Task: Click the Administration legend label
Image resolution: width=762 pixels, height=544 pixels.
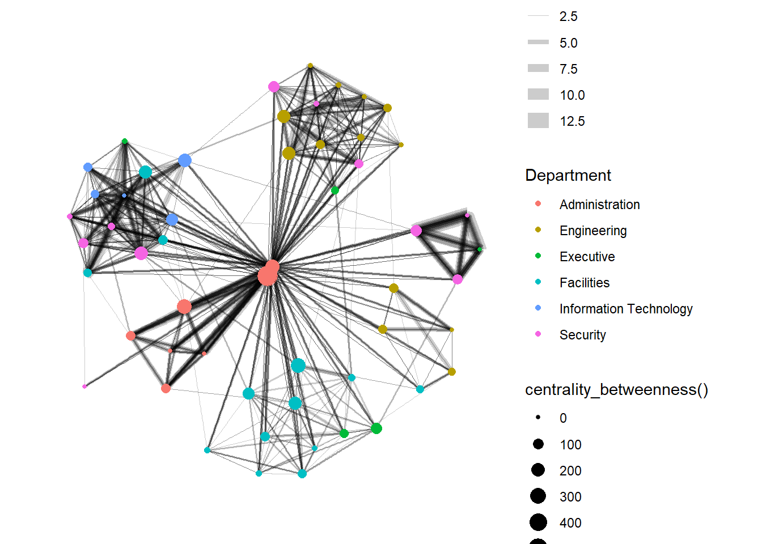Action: tap(599, 205)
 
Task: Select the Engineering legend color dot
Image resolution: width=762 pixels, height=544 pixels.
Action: tap(538, 229)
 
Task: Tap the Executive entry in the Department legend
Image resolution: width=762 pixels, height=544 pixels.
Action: tap(587, 257)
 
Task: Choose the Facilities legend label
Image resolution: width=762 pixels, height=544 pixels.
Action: tap(584, 283)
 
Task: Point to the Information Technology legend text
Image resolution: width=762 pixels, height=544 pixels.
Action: tap(625, 309)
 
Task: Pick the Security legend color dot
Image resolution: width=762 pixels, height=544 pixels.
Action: tap(538, 334)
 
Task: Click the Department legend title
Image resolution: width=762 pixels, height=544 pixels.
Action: tap(568, 175)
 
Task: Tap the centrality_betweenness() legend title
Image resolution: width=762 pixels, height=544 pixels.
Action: tap(616, 390)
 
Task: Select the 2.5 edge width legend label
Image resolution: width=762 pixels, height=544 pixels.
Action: tap(568, 16)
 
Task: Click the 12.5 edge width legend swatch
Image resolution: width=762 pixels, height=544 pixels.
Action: tap(538, 121)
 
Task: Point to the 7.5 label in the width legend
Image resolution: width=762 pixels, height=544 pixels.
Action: tap(568, 69)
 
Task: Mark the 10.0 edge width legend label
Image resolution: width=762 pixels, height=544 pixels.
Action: tap(572, 95)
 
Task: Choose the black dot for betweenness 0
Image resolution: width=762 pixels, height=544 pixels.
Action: tap(538, 417)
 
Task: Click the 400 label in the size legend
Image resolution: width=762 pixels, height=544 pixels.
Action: tap(570, 523)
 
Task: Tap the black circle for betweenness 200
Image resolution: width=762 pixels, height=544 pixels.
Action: tap(538, 470)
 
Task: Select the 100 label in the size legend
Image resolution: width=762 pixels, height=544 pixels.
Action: tap(570, 445)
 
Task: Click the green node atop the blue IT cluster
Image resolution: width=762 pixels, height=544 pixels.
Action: tap(125, 141)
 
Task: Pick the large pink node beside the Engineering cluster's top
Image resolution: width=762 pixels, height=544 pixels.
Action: tap(274, 87)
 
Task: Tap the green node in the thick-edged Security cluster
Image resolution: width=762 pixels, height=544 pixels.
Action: tap(480, 249)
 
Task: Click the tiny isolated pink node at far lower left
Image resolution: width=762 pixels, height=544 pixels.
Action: tap(84, 386)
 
